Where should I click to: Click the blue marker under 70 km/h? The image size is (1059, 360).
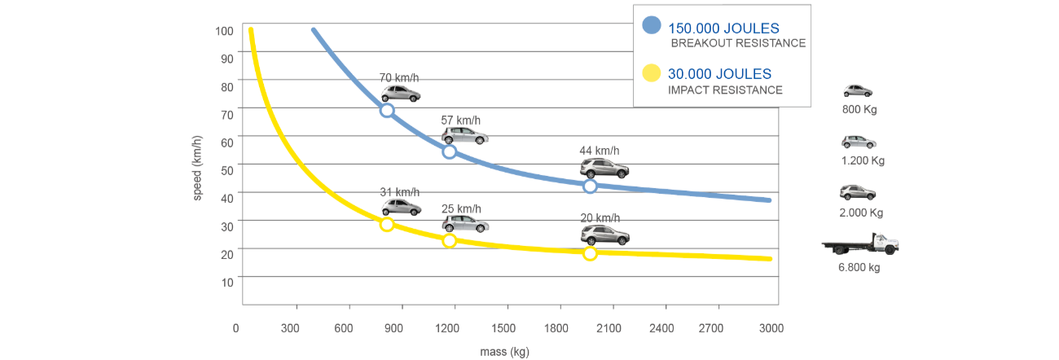pyautogui.click(x=387, y=110)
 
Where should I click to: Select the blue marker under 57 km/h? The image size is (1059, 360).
pyautogui.click(x=449, y=151)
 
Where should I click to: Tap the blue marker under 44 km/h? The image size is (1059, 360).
pyautogui.click(x=591, y=187)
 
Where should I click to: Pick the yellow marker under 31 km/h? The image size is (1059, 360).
pyautogui.click(x=387, y=225)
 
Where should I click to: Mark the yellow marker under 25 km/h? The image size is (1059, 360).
pyautogui.click(x=449, y=240)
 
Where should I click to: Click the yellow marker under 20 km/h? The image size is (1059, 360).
pyautogui.click(x=591, y=253)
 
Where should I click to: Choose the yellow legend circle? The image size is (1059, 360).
pyautogui.click(x=651, y=74)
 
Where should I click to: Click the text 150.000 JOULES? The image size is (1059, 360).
pyautogui.click(x=723, y=29)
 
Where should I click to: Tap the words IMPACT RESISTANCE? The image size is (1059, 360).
pyautogui.click(x=725, y=90)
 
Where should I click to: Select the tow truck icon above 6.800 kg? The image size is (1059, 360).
pyautogui.click(x=860, y=244)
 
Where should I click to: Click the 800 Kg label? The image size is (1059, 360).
pyautogui.click(x=859, y=109)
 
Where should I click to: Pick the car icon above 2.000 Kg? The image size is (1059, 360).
pyautogui.click(x=858, y=193)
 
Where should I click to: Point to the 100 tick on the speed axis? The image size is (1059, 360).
pyautogui.click(x=224, y=31)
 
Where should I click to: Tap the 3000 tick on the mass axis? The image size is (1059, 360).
pyautogui.click(x=771, y=328)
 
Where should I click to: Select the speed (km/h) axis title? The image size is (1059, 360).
pyautogui.click(x=198, y=168)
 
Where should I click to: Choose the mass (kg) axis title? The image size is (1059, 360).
pyautogui.click(x=506, y=352)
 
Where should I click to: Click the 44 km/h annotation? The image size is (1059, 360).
pyautogui.click(x=599, y=151)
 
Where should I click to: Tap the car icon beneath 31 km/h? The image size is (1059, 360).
pyautogui.click(x=401, y=207)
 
